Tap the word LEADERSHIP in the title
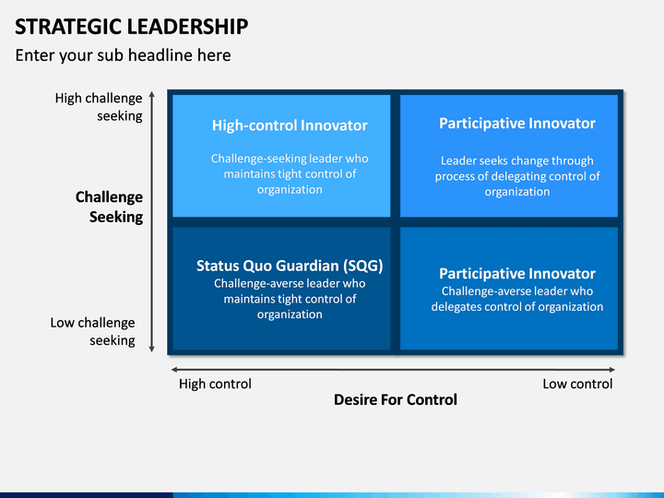tap(187, 26)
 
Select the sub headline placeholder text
tap(124, 55)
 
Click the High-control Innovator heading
tap(290, 125)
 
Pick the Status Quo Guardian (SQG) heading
tap(290, 266)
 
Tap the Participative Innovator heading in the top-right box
tap(517, 124)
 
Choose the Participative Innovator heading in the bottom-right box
tap(517, 274)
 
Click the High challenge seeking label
tap(99, 107)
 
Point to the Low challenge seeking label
tap(93, 331)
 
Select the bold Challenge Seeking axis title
tap(109, 207)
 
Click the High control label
tap(215, 384)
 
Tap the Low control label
tap(577, 384)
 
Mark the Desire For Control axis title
tap(396, 399)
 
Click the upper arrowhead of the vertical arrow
tap(152, 93)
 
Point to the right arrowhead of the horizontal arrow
tap(612, 370)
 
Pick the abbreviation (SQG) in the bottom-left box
tap(363, 266)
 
